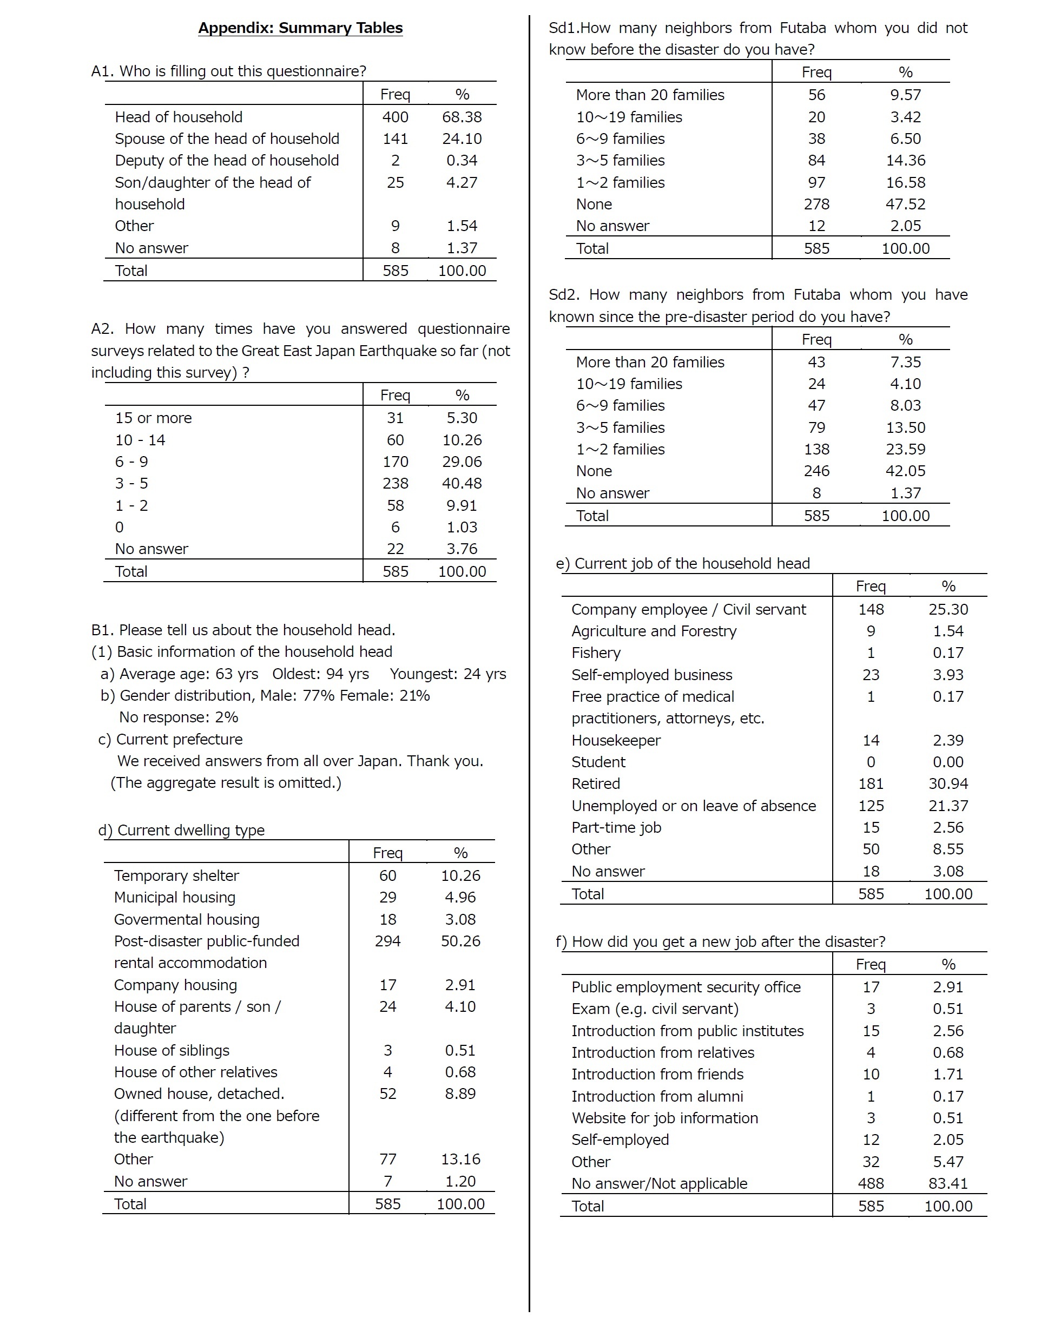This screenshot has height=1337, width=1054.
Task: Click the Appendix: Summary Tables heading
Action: point(300,28)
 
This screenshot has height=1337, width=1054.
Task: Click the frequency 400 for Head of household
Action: point(395,117)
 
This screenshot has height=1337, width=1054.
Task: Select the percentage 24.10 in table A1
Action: point(462,139)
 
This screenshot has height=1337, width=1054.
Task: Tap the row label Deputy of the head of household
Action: point(227,160)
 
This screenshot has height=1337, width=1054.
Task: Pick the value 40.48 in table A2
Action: point(462,483)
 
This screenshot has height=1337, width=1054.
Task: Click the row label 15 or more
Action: point(153,418)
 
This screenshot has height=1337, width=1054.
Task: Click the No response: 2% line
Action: point(179,717)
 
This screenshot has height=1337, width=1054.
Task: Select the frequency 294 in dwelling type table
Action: point(387,941)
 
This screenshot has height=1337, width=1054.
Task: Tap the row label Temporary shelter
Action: point(176,875)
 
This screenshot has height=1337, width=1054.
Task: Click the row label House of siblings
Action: point(172,1050)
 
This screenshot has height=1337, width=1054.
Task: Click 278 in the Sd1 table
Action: point(816,204)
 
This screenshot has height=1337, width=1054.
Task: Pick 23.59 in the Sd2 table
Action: point(905,449)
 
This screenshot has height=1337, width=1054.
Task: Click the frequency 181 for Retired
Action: point(871,783)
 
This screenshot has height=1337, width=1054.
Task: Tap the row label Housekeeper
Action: point(616,740)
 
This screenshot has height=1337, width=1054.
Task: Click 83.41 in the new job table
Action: point(948,1183)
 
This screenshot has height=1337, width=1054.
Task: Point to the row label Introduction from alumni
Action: point(657,1096)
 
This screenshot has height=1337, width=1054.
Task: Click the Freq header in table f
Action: point(871,964)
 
